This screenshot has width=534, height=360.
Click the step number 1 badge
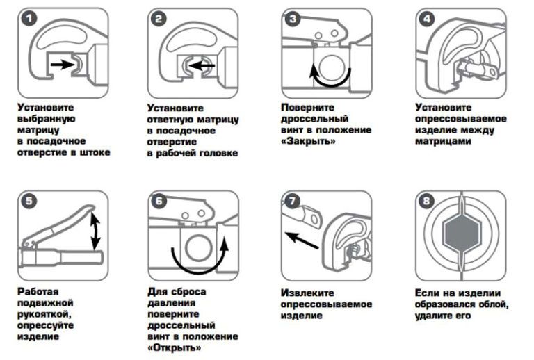(x=29, y=18)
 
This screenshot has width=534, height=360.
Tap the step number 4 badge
(x=427, y=19)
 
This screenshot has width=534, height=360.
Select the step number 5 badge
(x=29, y=201)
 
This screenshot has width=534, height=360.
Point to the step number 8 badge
(x=426, y=201)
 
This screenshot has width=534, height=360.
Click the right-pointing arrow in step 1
(x=63, y=64)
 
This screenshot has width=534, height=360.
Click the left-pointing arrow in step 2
(x=202, y=65)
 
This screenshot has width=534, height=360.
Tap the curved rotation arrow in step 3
(x=330, y=79)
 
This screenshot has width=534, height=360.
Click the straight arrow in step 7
(x=302, y=240)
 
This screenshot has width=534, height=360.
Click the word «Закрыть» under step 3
(x=308, y=140)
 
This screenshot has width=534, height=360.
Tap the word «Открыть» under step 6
(x=175, y=347)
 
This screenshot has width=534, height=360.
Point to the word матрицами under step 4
(x=443, y=141)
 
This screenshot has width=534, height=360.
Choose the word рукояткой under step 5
(x=44, y=314)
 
